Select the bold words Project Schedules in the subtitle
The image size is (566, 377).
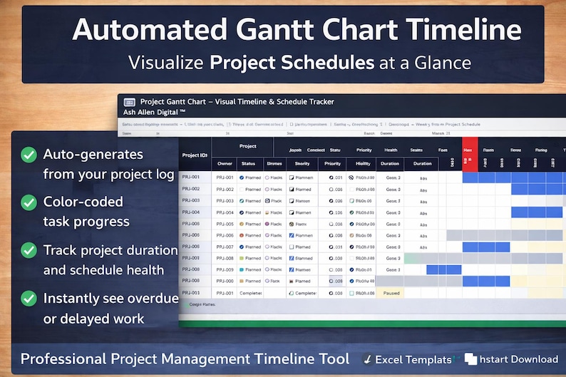coord(292,62)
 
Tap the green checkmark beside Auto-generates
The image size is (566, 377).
coord(29,155)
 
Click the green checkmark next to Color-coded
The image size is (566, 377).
coord(29,202)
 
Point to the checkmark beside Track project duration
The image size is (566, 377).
coord(29,251)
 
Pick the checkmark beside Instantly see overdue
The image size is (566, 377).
coord(29,299)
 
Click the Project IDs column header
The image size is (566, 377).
coord(195,155)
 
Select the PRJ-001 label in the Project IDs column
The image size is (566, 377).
coord(190,177)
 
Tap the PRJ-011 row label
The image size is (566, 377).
coord(190,293)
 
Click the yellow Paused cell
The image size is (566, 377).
coord(391,293)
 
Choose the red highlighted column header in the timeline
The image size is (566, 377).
coord(469,150)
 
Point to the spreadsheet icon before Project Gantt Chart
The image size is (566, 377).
coord(130,102)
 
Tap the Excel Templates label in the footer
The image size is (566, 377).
coord(413,359)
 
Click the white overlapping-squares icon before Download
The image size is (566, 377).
coord(470,359)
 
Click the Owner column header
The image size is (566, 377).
coord(225,163)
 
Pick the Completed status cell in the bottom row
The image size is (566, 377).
coord(250,293)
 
